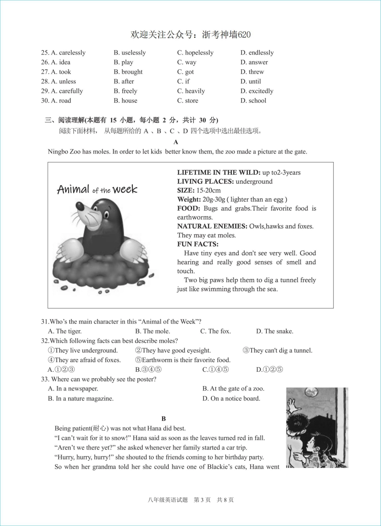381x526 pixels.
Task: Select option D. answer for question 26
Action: click(x=254, y=62)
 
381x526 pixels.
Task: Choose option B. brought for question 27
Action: click(x=128, y=72)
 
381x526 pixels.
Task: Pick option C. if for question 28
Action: click(x=183, y=81)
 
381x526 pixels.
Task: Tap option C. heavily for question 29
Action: click(x=191, y=91)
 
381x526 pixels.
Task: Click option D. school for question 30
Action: click(x=253, y=101)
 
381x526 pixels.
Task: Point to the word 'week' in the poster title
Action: click(x=125, y=189)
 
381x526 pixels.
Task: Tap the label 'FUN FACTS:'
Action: click(x=198, y=244)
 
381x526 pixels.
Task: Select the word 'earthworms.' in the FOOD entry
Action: click(x=195, y=217)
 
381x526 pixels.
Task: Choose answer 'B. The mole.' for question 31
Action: click(x=152, y=331)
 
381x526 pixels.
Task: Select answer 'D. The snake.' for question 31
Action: click(x=275, y=331)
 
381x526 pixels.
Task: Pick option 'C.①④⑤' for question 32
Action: click(x=215, y=370)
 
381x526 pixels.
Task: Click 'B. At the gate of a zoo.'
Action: click(x=233, y=388)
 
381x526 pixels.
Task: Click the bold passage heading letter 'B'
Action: click(x=164, y=419)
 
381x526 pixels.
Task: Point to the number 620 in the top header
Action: click(x=244, y=35)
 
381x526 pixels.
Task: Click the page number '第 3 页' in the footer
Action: click(x=202, y=500)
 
